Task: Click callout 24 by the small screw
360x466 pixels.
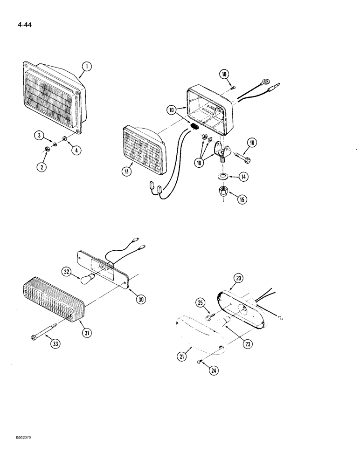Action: point(215,371)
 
